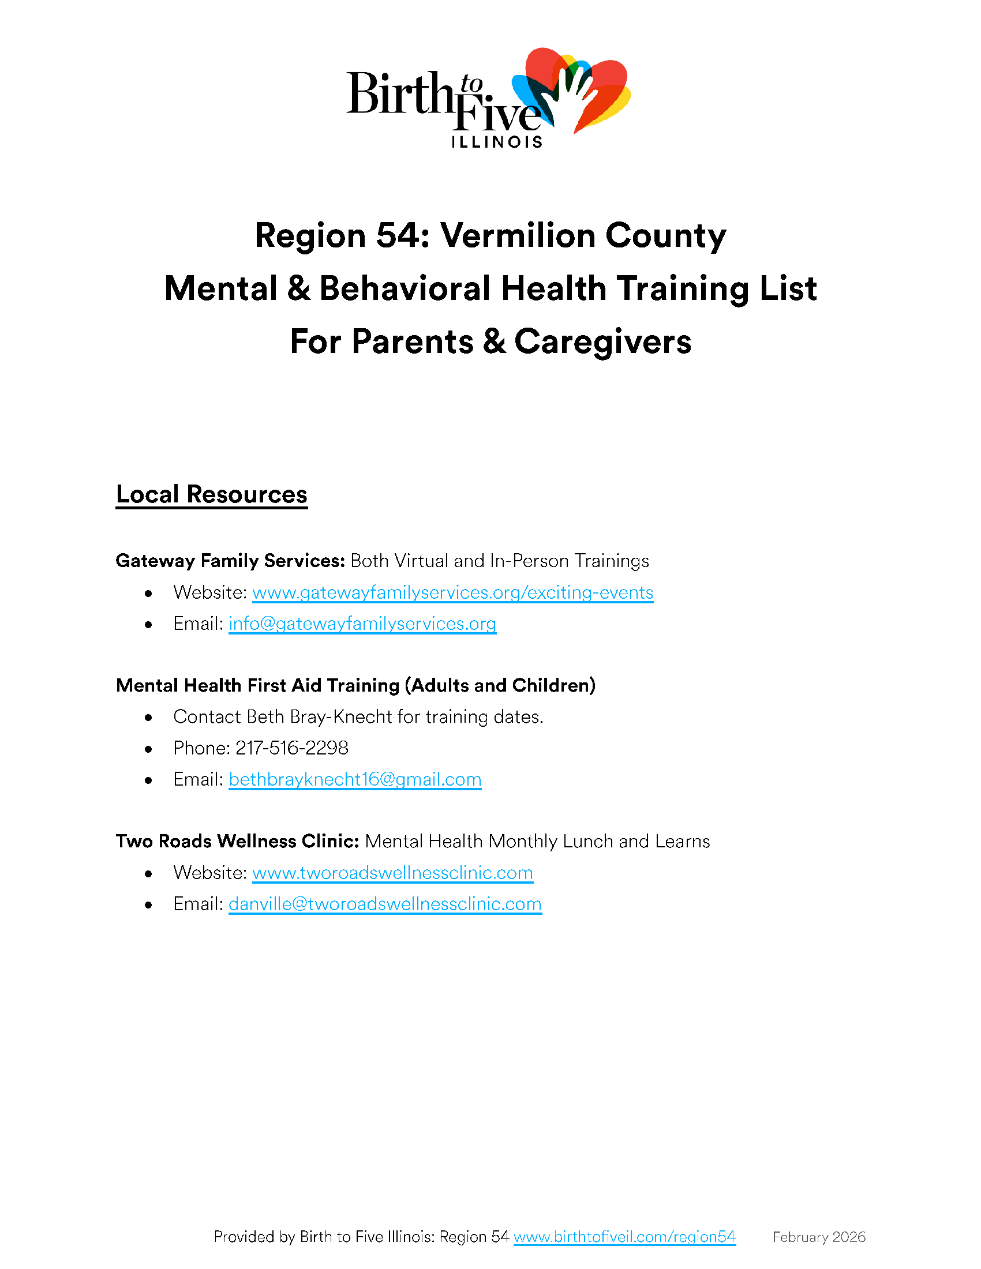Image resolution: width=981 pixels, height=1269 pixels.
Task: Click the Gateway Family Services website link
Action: [452, 592]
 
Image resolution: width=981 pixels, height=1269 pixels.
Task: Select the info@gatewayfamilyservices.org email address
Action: [362, 624]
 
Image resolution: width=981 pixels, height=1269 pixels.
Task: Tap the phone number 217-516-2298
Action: [292, 748]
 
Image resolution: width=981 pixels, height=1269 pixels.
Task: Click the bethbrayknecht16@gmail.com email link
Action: [354, 779]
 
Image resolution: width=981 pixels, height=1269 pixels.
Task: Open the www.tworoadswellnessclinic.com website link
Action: [392, 873]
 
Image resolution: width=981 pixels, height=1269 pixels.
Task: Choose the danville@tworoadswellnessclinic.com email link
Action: [385, 904]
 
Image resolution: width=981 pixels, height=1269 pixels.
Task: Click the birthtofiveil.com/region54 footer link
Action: [624, 1237]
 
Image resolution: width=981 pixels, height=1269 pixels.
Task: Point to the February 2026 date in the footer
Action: [818, 1237]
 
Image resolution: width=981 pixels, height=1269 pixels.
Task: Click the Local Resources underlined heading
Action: [212, 494]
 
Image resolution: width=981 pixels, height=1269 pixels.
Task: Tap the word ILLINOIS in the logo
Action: [497, 142]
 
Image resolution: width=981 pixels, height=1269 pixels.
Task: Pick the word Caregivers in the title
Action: [602, 341]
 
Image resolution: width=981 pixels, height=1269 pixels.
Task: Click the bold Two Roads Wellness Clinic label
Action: [237, 842]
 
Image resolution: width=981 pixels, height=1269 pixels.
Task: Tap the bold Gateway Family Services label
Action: [230, 561]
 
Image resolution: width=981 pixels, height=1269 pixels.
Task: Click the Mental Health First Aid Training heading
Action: [355, 686]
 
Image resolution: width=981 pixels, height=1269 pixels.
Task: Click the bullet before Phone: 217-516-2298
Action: [149, 749]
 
